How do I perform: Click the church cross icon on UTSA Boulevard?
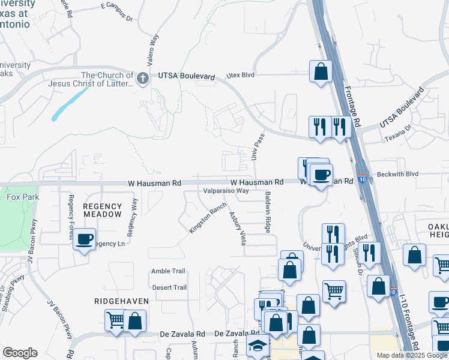tap(143, 79)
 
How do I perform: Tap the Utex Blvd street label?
tap(240, 76)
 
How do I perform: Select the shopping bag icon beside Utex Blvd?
tap(321, 71)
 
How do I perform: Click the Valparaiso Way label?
tap(226, 191)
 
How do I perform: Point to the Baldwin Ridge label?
tap(268, 212)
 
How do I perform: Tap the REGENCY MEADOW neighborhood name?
tap(103, 210)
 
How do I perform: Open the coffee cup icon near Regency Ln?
tap(85, 240)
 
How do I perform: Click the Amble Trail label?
tap(168, 271)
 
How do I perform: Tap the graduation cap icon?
tap(258, 346)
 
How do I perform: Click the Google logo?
tap(20, 353)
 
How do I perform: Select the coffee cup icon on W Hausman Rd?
tap(321, 175)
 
